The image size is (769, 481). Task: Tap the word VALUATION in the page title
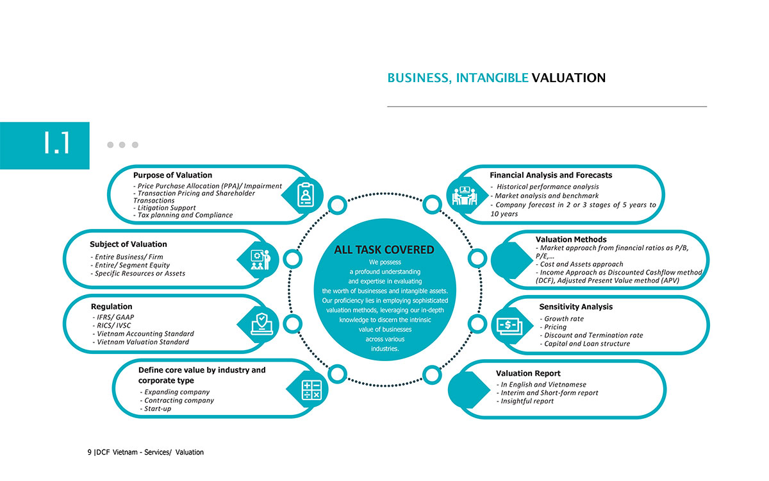tap(568, 78)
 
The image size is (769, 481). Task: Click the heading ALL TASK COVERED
tap(384, 249)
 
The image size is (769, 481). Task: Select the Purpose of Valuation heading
tap(172, 175)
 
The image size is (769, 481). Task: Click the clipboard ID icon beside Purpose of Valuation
tap(306, 195)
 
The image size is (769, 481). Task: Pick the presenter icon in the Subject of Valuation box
tap(261, 260)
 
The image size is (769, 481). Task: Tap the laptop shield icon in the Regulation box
tap(261, 324)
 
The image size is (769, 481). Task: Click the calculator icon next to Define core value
tap(311, 390)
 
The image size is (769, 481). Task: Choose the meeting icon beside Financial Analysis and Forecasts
tap(465, 196)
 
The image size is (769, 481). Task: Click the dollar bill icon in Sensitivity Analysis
tap(509, 326)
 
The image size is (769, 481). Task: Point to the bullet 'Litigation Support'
tap(165, 208)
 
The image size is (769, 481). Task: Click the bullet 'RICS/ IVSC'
tap(112, 325)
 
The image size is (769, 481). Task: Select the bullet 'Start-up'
tap(156, 409)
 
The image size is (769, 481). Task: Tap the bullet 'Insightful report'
tap(525, 401)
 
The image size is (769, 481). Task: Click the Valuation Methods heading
tap(571, 239)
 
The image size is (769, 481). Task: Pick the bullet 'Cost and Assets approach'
tap(579, 264)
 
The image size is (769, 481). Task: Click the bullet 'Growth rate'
tap(561, 319)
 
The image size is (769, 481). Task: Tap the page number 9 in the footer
tap(90, 452)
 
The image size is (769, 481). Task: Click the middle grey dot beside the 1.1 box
tap(122, 145)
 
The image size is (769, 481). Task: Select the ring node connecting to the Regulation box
tap(292, 324)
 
